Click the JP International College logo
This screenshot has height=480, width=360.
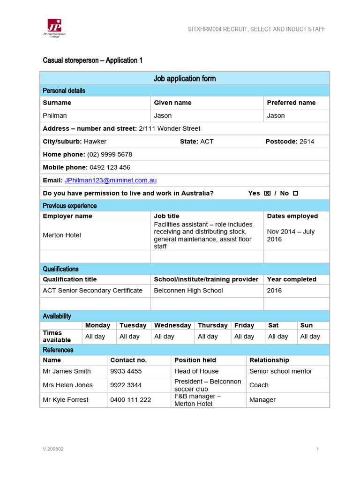[54, 28]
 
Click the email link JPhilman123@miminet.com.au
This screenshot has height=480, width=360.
[110, 180]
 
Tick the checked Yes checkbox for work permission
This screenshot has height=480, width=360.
[267, 193]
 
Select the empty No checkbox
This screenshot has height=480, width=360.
[295, 193]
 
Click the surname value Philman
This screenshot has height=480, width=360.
[55, 115]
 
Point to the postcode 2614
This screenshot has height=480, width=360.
[307, 142]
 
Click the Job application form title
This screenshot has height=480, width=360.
[185, 78]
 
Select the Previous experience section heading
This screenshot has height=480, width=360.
[69, 206]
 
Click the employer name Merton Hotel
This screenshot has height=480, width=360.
[62, 235]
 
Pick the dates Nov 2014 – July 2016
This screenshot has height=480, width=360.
[291, 235]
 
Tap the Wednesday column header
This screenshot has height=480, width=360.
[172, 325]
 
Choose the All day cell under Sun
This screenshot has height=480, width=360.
[310, 337]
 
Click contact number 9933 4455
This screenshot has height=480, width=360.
[126, 371]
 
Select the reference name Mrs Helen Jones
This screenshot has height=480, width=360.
[67, 385]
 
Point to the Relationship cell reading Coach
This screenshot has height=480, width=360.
[259, 385]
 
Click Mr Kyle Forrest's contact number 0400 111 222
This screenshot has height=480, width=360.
[130, 400]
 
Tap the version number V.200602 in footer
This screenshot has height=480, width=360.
[53, 449]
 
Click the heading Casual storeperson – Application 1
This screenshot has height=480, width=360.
[92, 60]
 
